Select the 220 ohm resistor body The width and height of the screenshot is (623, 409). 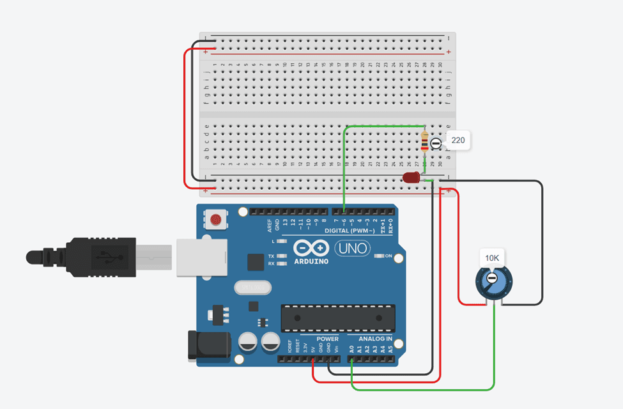point(426,141)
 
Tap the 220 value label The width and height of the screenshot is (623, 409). point(458,141)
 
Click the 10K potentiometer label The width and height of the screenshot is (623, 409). point(491,258)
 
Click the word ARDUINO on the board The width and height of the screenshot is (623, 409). point(311,261)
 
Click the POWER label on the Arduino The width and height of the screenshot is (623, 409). point(328,339)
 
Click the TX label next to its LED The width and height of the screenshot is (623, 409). point(272,256)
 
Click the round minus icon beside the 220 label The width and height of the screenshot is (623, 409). point(436,144)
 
